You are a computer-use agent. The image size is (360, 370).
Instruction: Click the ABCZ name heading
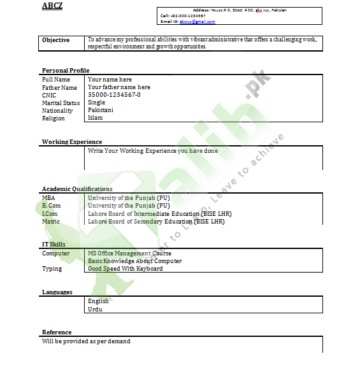52,6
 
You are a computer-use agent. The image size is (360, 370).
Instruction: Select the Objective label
56,40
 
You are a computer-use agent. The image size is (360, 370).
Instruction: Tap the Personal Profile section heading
66,71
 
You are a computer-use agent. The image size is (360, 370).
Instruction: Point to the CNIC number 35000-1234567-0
114,95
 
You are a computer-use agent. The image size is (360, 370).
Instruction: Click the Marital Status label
61,103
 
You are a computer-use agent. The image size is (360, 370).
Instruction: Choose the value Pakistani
101,110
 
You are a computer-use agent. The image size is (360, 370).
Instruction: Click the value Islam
95,118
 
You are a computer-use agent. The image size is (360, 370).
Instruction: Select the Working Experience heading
72,142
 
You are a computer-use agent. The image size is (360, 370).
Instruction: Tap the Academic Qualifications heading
77,189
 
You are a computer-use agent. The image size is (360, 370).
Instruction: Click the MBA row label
49,198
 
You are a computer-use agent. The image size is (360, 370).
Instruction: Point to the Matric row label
51,222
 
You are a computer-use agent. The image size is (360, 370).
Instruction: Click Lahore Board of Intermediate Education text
156,214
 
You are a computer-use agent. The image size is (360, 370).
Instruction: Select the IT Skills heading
54,245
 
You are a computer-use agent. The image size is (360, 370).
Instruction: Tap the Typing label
52,269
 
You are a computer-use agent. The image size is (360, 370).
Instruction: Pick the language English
98,301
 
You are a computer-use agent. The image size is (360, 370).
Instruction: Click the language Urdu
95,310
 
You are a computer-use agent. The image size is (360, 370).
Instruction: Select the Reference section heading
57,332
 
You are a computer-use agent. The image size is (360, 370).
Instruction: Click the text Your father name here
119,87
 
